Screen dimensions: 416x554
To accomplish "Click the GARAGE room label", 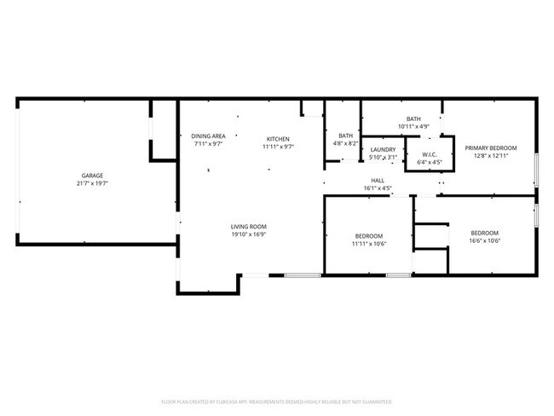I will (92, 176).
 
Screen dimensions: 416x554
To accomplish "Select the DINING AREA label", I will (208, 136).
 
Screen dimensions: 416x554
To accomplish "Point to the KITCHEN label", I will (278, 139).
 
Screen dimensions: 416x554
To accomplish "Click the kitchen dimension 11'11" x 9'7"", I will (278, 147).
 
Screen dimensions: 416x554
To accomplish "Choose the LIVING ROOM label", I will (249, 227).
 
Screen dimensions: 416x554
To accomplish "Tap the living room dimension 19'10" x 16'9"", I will (249, 234).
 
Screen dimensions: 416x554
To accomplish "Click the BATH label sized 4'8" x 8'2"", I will (345, 136).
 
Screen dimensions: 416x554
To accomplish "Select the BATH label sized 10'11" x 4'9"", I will (413, 119).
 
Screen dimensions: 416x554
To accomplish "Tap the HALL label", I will (377, 180).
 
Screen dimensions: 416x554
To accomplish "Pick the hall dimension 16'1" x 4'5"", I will (377, 188).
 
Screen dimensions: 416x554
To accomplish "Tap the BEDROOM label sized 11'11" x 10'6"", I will (369, 235).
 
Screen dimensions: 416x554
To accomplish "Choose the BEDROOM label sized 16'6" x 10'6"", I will (485, 233).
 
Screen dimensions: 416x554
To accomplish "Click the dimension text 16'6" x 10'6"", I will (485, 241).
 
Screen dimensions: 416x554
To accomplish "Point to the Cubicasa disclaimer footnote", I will (277, 401).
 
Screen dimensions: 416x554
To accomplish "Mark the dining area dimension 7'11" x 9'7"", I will (208, 144).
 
